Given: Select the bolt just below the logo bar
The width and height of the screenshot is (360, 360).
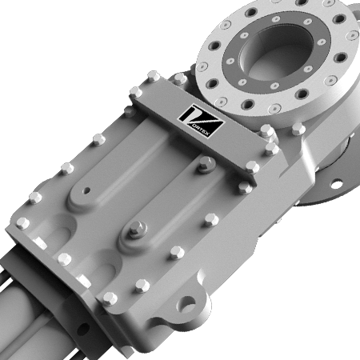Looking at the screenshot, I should [205, 164].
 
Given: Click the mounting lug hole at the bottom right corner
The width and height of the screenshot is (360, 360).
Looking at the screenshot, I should [189, 305].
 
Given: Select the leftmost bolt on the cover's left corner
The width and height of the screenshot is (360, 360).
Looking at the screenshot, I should [22, 223].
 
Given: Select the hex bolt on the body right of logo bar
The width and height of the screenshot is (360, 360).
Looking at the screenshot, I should [298, 129].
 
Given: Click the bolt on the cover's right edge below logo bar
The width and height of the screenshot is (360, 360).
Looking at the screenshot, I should [244, 187].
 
